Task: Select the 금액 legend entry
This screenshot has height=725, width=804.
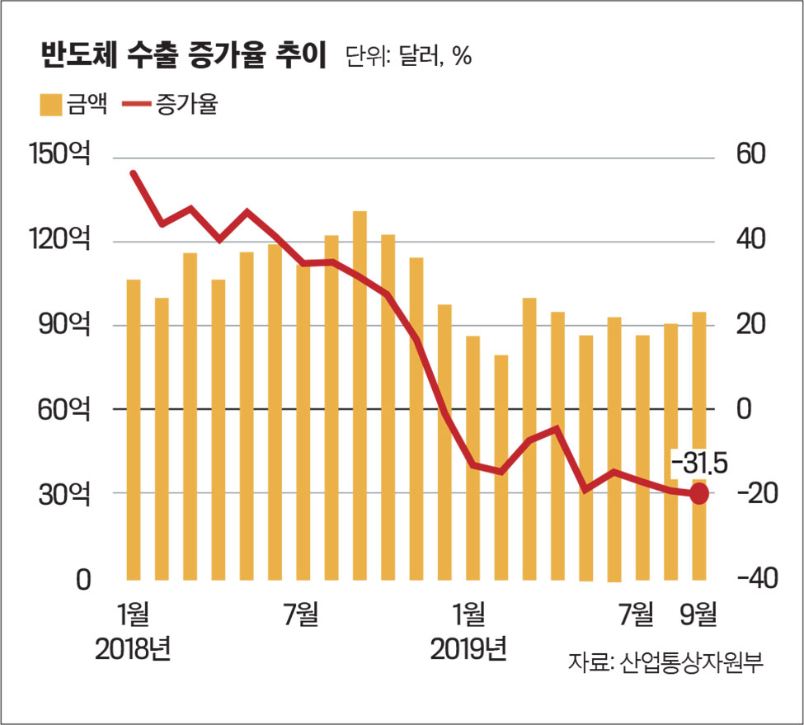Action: pos(73,106)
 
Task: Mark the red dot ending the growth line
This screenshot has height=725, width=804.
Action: pos(699,494)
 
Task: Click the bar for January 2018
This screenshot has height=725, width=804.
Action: pos(134,429)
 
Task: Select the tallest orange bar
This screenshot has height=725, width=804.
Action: pos(360,396)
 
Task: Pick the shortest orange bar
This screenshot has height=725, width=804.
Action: pos(501,467)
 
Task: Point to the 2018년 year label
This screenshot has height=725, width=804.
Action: pos(133,648)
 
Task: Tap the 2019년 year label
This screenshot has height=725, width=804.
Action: pos(468,648)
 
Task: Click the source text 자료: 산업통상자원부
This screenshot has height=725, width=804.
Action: pos(665,662)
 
